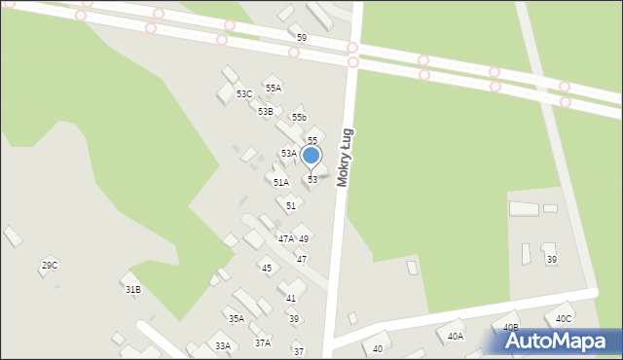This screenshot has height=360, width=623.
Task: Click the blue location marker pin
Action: point(311,156)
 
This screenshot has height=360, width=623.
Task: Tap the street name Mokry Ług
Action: point(344,158)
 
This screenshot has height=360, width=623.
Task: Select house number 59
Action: point(302,38)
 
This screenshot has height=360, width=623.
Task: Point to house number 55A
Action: point(274,88)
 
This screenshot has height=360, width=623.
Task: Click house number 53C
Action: point(243,94)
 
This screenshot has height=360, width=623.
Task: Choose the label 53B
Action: point(265,112)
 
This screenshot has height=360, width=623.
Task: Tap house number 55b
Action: point(299,118)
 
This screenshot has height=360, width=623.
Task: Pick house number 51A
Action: point(280,182)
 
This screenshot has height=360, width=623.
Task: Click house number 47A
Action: point(285,238)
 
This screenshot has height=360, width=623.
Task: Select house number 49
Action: point(304,238)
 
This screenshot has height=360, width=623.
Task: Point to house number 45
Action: point(266,268)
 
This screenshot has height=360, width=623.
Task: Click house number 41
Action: point(291,298)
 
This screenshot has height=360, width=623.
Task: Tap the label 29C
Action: point(49,265)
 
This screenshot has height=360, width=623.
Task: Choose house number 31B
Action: point(132,289)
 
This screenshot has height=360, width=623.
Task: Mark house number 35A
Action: point(236,318)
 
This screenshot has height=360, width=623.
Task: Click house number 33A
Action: point(223,345)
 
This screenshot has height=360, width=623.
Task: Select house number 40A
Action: point(456,336)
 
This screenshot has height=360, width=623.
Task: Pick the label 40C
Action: point(564,318)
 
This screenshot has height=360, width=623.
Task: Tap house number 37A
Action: point(263,342)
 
